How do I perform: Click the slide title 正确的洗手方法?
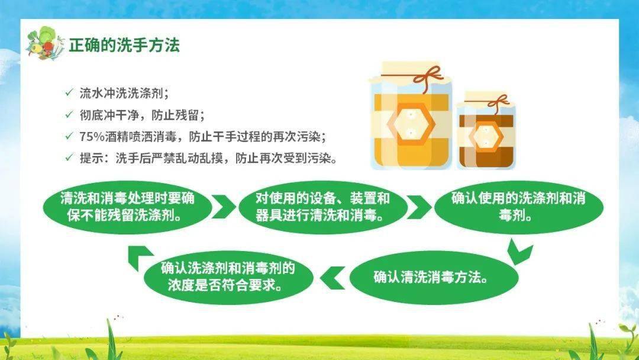click(x=124, y=45)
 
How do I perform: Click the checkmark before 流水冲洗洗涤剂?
click(x=69, y=93)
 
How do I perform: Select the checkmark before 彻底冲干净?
click(x=69, y=114)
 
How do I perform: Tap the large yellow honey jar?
click(x=411, y=118)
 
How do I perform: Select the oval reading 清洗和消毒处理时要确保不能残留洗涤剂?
click(x=127, y=206)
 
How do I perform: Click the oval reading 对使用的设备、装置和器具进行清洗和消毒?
click(x=322, y=206)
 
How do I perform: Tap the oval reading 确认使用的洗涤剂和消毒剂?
click(x=518, y=206)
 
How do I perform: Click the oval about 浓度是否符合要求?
click(x=228, y=277)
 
